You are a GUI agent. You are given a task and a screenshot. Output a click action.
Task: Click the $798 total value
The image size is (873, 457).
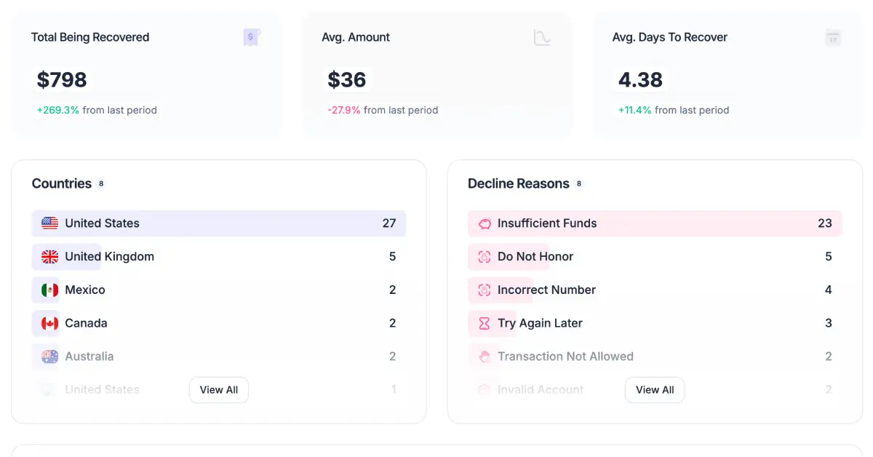point(62,80)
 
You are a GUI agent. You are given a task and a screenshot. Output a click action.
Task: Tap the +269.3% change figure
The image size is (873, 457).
point(58,111)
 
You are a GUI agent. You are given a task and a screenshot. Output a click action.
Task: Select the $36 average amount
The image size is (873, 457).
point(347,80)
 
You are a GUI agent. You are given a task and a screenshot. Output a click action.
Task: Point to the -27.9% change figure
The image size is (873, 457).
point(344,111)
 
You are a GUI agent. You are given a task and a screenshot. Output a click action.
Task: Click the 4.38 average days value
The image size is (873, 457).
point(640,80)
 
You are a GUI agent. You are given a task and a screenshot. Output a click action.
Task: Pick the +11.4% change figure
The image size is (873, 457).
point(635,111)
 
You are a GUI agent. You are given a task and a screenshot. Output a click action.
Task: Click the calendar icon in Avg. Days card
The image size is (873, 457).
point(833,38)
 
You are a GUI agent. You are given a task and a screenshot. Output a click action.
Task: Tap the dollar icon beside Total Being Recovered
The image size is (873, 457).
point(251,37)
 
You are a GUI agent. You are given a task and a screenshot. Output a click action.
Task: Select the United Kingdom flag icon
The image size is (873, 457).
point(49,257)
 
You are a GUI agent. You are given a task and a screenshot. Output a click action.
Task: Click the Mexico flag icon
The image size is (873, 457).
point(49,290)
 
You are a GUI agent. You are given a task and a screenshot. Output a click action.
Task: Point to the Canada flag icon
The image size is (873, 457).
point(49,324)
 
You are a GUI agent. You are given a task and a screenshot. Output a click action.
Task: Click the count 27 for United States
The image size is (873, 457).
point(389,223)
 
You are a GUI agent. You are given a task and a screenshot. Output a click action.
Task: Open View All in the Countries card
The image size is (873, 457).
point(219,390)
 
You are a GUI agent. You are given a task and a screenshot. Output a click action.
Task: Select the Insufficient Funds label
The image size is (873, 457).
point(547,223)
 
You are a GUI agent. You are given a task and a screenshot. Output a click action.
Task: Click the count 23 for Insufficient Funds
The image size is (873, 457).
point(824,223)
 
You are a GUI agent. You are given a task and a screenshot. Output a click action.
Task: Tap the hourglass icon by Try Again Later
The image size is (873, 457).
point(485,324)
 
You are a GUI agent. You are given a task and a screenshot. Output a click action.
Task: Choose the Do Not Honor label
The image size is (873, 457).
point(535,257)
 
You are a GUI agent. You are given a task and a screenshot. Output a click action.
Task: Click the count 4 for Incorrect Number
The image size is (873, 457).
point(828,290)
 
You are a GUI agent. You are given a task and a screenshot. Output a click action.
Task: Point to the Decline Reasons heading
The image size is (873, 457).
point(519,184)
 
